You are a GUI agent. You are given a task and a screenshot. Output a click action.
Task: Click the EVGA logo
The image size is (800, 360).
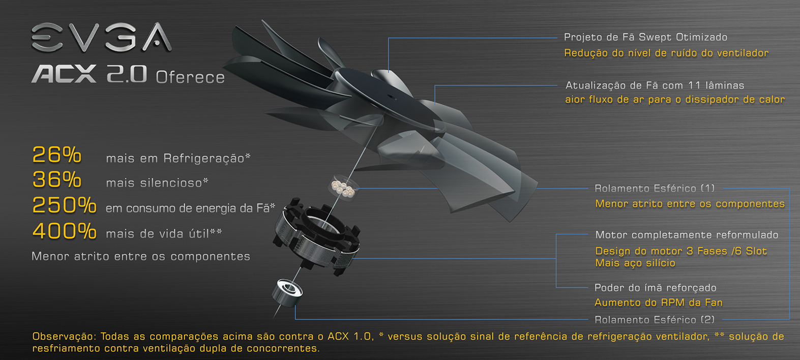tap(101, 37)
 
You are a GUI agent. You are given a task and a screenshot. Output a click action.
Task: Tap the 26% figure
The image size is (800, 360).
tap(57, 155)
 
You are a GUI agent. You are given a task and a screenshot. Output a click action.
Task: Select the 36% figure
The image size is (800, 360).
tap(57, 179)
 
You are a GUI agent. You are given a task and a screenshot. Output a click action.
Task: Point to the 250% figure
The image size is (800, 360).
tap(64, 205)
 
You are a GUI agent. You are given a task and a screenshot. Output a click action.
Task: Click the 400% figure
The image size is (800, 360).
tap(64, 231)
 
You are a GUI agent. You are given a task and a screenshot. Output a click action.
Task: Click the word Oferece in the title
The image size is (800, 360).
tap(190, 77)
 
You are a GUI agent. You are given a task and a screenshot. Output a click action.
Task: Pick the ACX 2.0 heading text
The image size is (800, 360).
tap(89, 74)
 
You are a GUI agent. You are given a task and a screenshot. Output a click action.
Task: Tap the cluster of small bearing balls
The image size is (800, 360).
tap(343, 188)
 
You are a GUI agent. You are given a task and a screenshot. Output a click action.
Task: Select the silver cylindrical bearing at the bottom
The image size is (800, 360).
tap(287, 293)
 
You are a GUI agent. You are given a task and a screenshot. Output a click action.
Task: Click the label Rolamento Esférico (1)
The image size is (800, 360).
tap(654, 188)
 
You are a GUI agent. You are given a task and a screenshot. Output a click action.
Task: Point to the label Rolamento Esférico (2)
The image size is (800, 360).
tap(654, 320)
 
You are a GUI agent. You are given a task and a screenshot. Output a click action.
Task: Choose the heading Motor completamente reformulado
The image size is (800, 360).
tap(687, 234)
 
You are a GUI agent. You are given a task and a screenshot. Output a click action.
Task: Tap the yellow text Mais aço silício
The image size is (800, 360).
tap(635, 263)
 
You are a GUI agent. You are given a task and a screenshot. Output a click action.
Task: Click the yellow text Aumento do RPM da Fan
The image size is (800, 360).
tap(659, 303)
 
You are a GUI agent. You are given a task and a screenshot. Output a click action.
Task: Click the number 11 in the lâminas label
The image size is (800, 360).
tap(694, 85)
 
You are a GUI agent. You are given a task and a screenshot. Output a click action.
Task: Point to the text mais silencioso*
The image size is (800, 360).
tap(157, 183)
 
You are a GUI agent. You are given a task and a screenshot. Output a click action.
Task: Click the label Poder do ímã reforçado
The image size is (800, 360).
tap(656, 288)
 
